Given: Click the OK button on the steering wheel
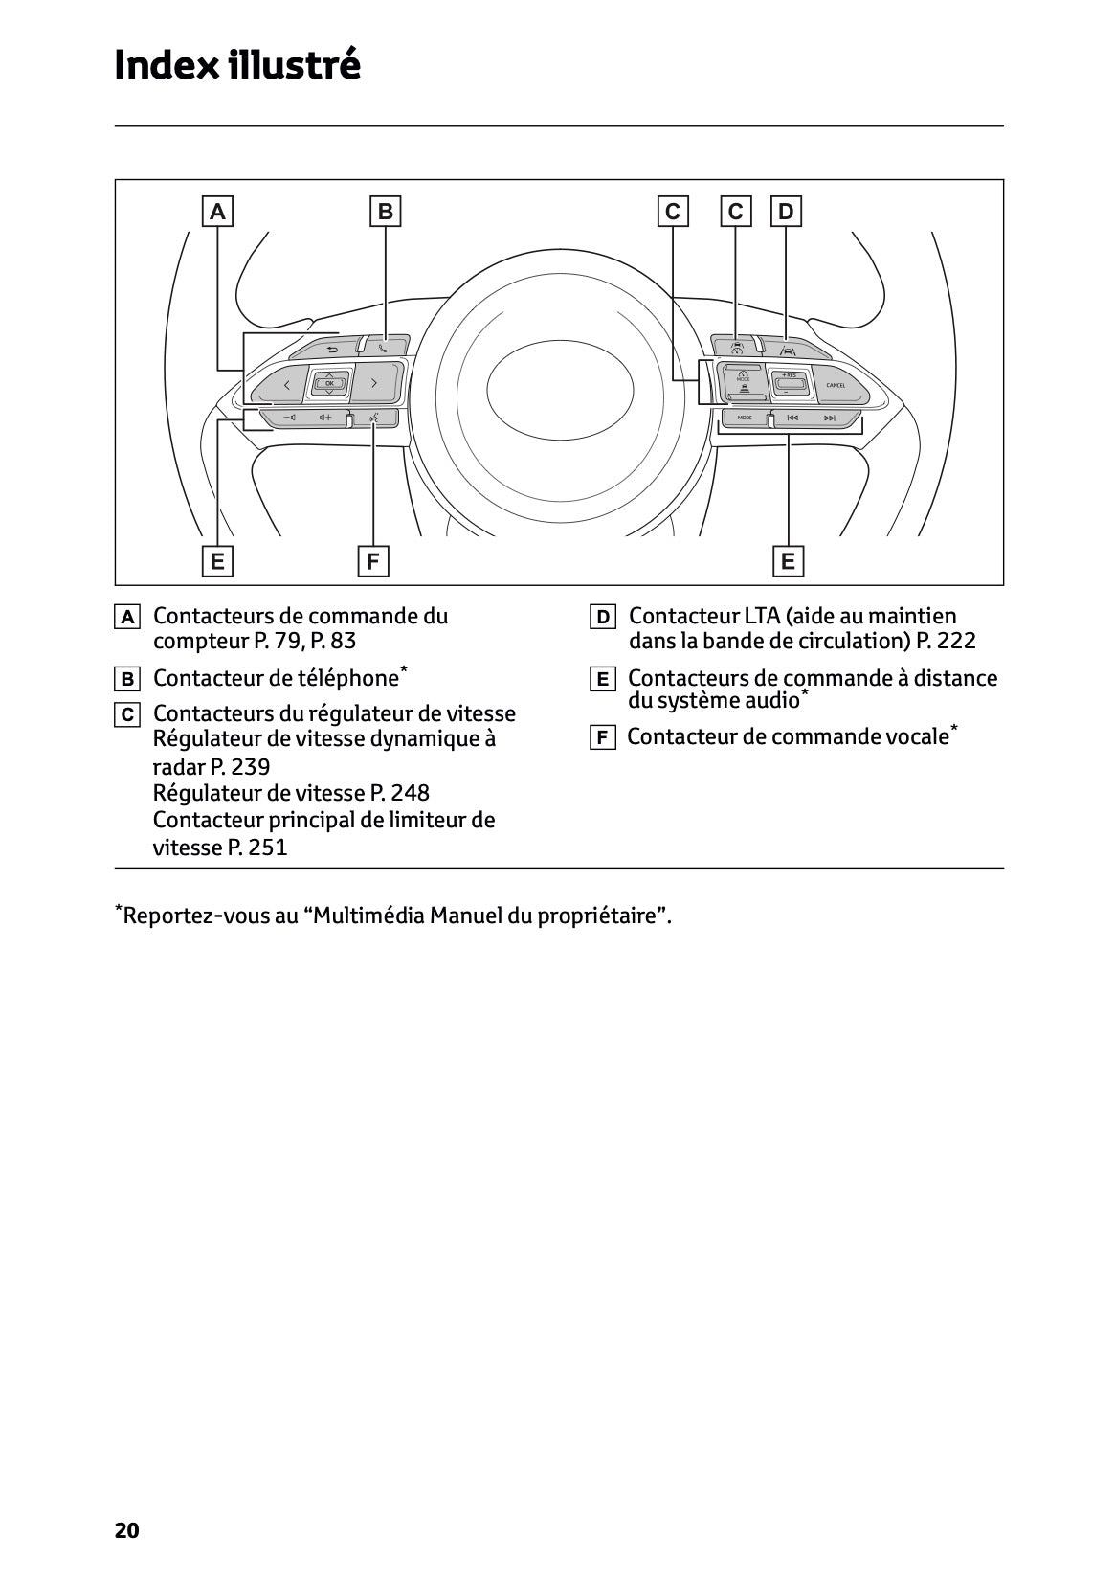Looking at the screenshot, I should [329, 383].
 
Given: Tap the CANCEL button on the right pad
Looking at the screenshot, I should [835, 385].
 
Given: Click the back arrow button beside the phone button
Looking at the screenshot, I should [332, 349].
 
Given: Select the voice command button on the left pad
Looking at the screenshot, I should [375, 418].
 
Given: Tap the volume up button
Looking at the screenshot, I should [326, 418].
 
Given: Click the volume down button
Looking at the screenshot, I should [289, 418].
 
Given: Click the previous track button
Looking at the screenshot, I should [792, 418].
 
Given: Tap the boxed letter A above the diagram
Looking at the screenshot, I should [217, 211].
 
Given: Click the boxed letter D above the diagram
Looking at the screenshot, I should [786, 211].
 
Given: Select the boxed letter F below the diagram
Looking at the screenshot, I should [372, 561].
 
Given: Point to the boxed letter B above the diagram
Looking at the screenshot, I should [386, 211].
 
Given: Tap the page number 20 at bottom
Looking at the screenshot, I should [126, 1530].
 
